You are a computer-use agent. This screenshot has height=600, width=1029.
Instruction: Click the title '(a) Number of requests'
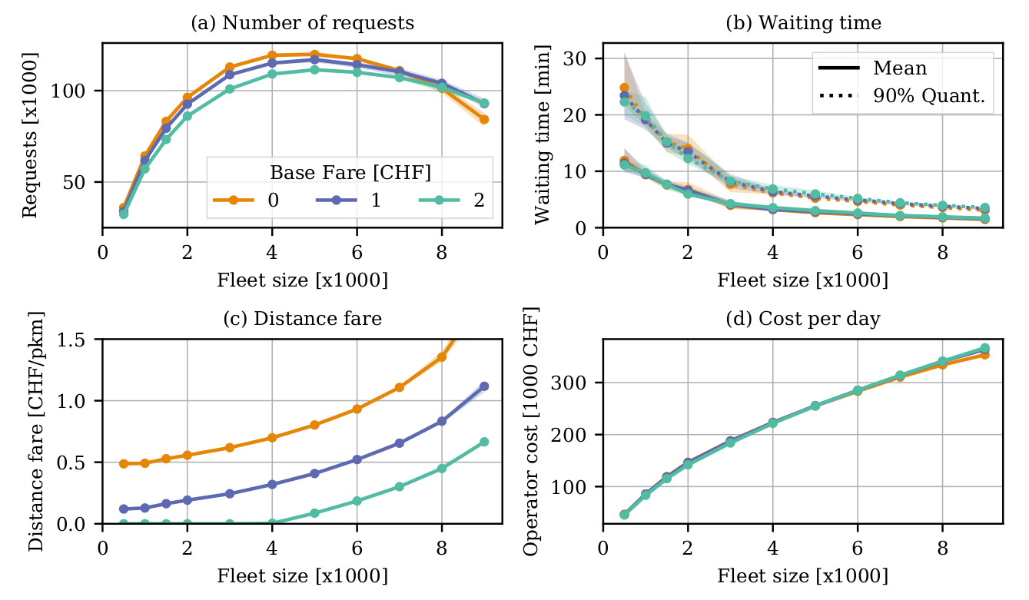coord(302,23)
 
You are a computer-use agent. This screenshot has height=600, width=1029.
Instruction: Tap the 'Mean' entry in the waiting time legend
coord(900,68)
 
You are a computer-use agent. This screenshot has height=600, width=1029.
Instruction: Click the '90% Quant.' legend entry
coord(928,96)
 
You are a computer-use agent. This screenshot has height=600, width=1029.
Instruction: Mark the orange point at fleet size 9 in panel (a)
coord(484,119)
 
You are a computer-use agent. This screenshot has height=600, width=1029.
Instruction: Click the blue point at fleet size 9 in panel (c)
coord(484,386)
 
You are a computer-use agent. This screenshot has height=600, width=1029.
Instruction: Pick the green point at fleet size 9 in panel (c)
coord(484,442)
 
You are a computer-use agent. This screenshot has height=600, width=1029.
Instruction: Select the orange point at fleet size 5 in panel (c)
coord(314,425)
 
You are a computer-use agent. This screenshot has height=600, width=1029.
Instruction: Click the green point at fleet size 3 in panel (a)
coord(230,89)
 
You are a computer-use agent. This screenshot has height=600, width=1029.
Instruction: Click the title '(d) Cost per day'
coord(802,319)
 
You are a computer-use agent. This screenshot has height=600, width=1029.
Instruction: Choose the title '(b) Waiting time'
coord(803,23)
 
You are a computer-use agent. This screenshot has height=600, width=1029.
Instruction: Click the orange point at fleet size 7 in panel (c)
coord(400,388)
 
